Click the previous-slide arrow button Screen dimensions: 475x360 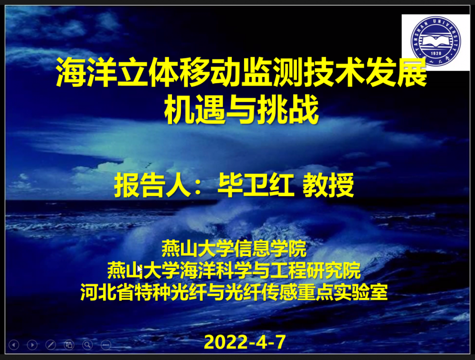(14, 344)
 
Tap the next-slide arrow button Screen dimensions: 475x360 (32, 344)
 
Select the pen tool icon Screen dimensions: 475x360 (51, 344)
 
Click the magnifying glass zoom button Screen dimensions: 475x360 (87, 344)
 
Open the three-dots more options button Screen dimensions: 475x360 (106, 344)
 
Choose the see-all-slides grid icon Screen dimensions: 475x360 (69, 344)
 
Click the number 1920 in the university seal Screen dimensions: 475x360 (436, 53)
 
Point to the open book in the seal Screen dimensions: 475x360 (436, 41)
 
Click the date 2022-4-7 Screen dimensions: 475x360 (245, 342)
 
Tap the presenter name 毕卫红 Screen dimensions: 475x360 (256, 185)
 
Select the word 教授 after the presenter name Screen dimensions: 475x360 (328, 185)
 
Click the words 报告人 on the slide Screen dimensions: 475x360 (152, 185)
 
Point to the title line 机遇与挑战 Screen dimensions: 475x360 (241, 109)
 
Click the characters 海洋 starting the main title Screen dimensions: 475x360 (86, 72)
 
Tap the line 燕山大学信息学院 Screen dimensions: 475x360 (234, 248)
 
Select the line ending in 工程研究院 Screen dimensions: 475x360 (234, 270)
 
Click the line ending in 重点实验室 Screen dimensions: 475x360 (234, 292)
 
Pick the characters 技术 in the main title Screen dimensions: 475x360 (334, 72)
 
